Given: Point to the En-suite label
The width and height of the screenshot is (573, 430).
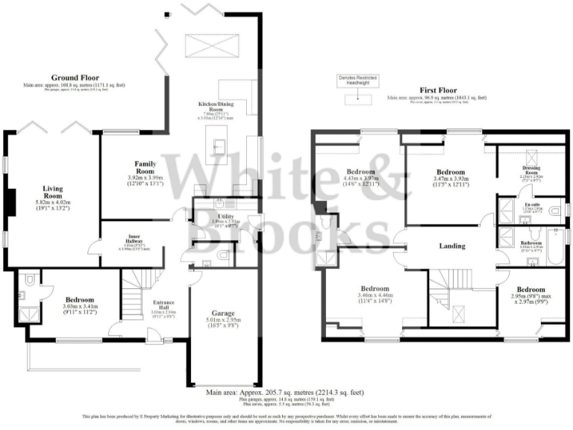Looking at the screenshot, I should coord(530,205).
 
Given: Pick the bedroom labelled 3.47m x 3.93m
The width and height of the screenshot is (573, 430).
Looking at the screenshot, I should coord(450,171).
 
